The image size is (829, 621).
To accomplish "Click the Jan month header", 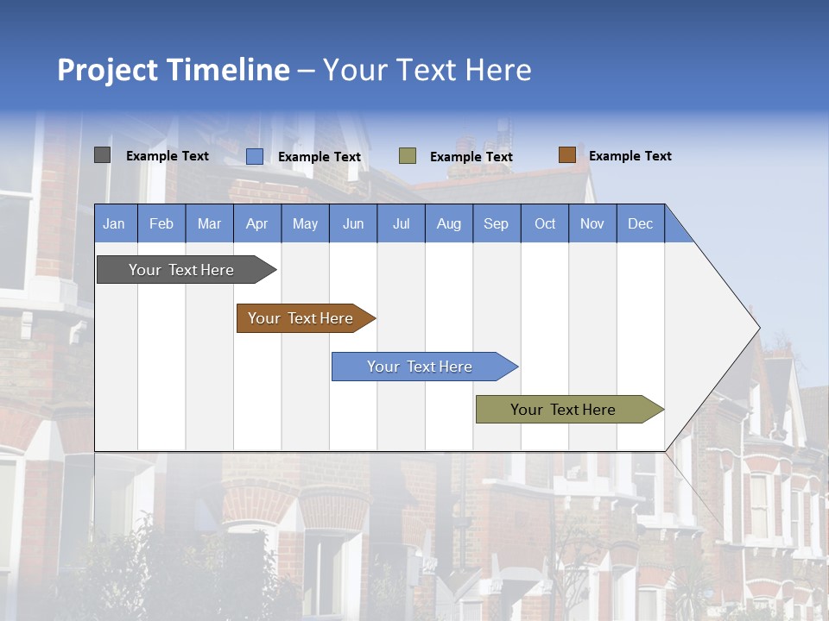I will point(115,223).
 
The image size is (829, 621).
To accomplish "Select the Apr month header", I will point(256,223).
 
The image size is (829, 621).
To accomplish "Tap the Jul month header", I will point(401,223).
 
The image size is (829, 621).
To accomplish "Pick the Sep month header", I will point(496,223).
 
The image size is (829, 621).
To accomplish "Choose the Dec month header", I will point(640,223).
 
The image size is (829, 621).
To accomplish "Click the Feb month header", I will point(161,223).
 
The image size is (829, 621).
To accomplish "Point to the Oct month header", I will point(545,223).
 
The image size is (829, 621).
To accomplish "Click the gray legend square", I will point(102,155).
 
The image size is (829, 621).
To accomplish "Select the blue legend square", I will point(255,156).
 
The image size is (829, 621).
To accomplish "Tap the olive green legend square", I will point(408,156).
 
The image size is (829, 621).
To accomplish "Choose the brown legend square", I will point(566,155).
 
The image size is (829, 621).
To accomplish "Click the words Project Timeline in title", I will point(174,70).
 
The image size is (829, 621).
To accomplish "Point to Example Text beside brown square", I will point(630,156).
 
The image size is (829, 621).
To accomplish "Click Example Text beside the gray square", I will point(167,156).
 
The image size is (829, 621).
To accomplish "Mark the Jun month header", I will point(353,223).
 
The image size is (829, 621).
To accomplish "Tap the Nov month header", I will point(592,223).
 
